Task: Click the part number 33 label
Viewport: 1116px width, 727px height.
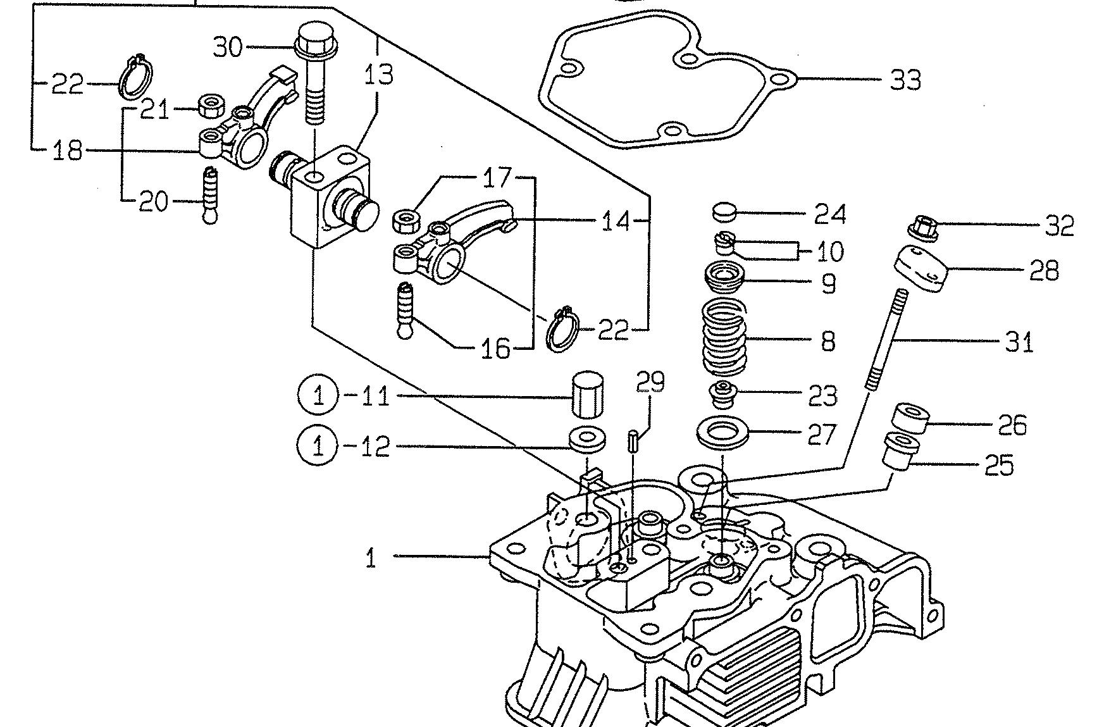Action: tap(905, 80)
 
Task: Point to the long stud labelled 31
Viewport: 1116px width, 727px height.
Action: tap(884, 340)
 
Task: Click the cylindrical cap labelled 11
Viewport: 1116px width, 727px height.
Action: tap(587, 395)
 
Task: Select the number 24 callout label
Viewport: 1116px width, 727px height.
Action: tap(829, 214)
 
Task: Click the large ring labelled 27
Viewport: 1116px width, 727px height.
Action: tap(723, 433)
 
